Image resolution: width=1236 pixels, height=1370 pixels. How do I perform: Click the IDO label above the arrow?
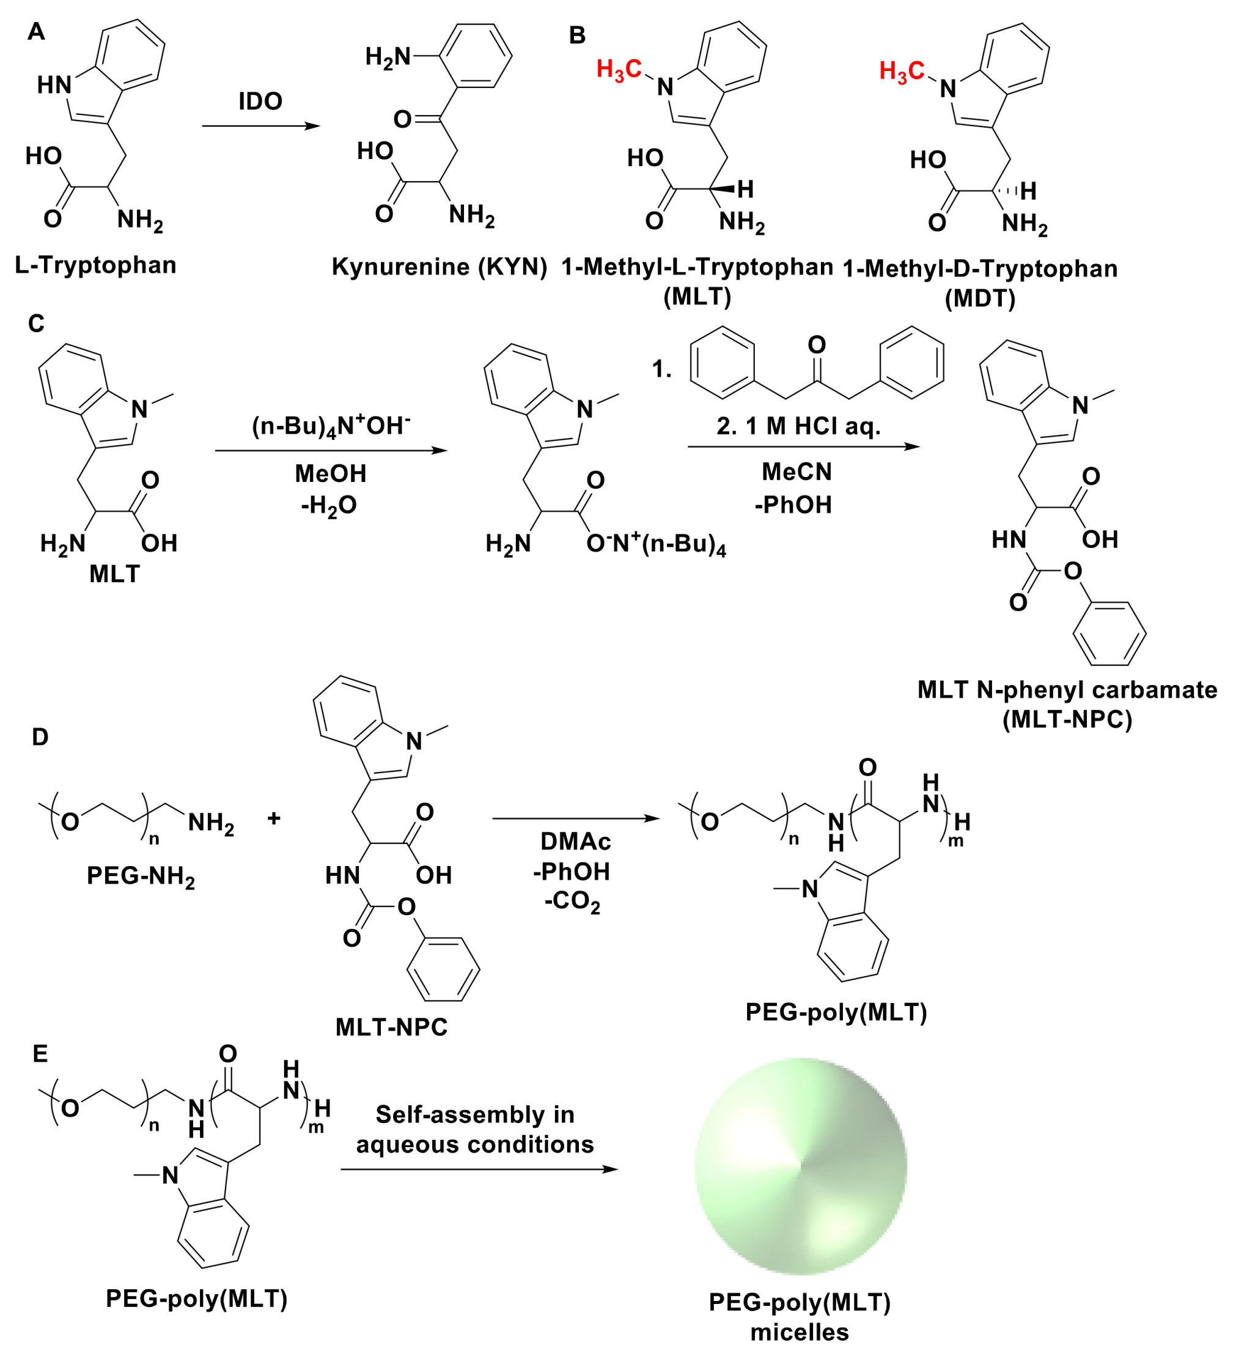pos(260,102)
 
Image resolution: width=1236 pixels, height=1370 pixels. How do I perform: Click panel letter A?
pos(36,31)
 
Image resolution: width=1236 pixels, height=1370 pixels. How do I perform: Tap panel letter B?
pos(576,35)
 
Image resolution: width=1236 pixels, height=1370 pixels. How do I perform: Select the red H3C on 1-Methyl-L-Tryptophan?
pos(619,69)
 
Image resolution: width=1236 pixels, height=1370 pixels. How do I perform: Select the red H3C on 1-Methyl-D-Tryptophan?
pos(901,71)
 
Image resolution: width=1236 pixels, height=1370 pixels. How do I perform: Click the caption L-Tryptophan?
pos(96,265)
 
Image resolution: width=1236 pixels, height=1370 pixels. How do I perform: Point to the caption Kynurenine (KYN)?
pos(440,267)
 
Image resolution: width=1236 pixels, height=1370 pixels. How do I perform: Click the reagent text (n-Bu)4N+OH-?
pos(331,426)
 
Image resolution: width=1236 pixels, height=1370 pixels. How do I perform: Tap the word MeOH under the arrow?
pos(330,473)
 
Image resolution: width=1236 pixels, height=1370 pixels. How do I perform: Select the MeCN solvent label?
pos(796,472)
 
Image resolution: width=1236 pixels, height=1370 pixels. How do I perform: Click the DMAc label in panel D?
pos(575,842)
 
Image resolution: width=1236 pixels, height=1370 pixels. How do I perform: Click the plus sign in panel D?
pos(274,818)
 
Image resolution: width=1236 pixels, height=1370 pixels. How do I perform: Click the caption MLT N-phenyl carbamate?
pos(1067,690)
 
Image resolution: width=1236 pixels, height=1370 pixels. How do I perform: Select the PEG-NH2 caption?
pos(141,876)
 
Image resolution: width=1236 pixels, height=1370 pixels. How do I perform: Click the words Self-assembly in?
pos(475,1114)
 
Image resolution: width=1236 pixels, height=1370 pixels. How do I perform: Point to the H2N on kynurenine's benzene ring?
pos(388,57)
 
